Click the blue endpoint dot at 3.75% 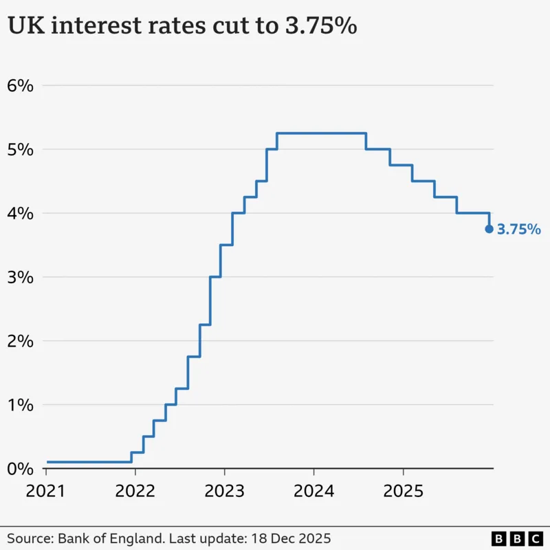[489, 229]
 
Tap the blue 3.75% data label [518, 230]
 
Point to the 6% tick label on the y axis [20, 86]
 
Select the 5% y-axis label [20, 150]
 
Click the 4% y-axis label [20, 214]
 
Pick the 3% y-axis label [20, 277]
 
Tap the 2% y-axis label [20, 341]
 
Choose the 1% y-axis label [20, 405]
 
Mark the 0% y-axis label [20, 469]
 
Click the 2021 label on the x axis [46, 492]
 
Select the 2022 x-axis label [135, 492]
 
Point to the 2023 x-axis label [225, 492]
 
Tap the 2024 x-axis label [313, 492]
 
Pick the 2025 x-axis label [403, 492]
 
